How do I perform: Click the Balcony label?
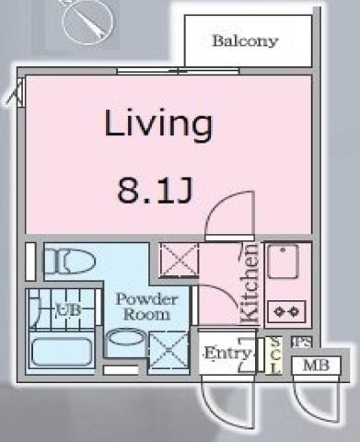[x=244, y=41]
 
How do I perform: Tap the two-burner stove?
[x=283, y=311]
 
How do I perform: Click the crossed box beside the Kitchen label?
[x=175, y=260]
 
